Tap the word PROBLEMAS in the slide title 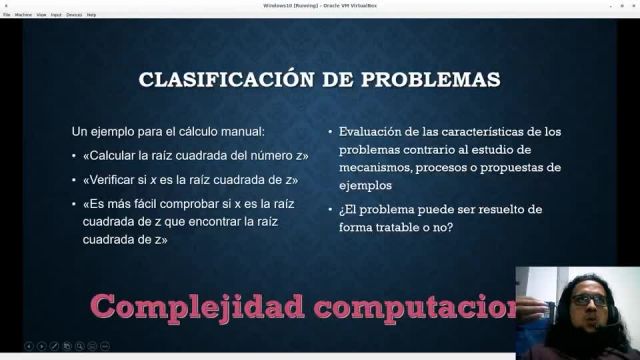pos(433,79)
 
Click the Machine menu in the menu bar pos(23,15)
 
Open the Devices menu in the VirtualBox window pos(74,15)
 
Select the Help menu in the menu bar pos(92,15)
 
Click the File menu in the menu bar pos(7,15)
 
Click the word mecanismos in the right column pos(376,168)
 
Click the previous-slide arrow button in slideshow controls pos(29,346)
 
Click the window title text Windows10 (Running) pos(289,5)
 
